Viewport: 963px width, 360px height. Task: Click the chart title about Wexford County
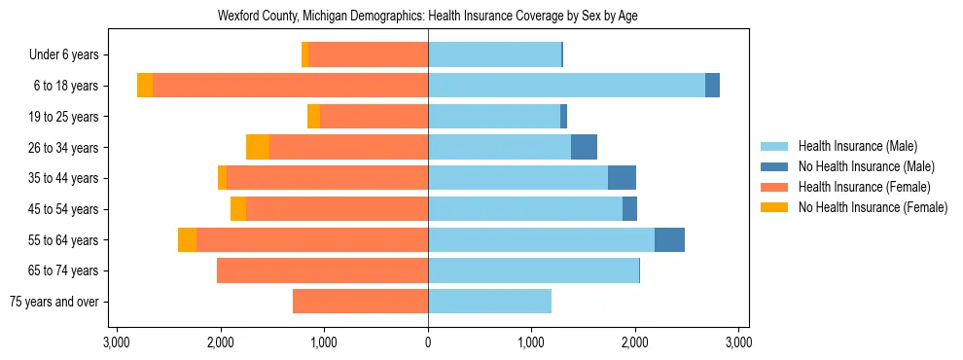pyautogui.click(x=428, y=17)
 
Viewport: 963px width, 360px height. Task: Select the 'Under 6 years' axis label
pyautogui.click(x=70, y=54)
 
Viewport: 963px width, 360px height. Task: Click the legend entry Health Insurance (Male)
pyautogui.click(x=857, y=146)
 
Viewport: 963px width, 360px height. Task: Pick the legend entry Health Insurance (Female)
pyautogui.click(x=864, y=187)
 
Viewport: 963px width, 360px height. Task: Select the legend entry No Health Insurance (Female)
pyautogui.click(x=873, y=207)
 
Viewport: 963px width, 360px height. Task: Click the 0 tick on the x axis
pyautogui.click(x=428, y=342)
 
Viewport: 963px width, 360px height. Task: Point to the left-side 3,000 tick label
pyautogui.click(x=117, y=342)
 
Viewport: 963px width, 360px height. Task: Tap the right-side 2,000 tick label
pyautogui.click(x=635, y=342)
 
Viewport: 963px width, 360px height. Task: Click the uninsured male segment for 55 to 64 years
pyautogui.click(x=669, y=239)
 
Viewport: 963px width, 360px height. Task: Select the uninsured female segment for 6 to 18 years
pyautogui.click(x=145, y=86)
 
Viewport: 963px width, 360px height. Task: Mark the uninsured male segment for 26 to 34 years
pyautogui.click(x=584, y=147)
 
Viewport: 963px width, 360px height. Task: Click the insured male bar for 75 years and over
pyautogui.click(x=489, y=302)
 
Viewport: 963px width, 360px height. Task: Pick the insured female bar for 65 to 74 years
pyautogui.click(x=322, y=270)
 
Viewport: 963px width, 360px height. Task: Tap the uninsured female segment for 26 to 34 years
pyautogui.click(x=258, y=147)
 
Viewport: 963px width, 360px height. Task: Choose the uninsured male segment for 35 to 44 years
pyautogui.click(x=622, y=178)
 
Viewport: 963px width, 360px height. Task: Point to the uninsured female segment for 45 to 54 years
pyautogui.click(x=238, y=208)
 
